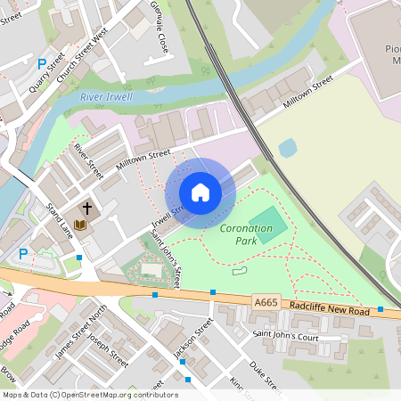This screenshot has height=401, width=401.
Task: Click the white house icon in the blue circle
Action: pyautogui.click(x=200, y=192)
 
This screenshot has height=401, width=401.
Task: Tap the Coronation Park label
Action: pyautogui.click(x=245, y=234)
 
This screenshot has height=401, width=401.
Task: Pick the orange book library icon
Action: pyautogui.click(x=80, y=225)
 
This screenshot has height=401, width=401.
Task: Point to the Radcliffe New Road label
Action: pyautogui.click(x=329, y=307)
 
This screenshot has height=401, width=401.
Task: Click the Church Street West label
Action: pyautogui.click(x=83, y=47)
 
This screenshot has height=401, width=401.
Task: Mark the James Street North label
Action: pyautogui.click(x=81, y=332)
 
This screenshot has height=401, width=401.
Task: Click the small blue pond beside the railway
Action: pyautogui.click(x=287, y=148)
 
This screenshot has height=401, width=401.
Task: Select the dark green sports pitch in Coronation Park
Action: pyautogui.click(x=268, y=222)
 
